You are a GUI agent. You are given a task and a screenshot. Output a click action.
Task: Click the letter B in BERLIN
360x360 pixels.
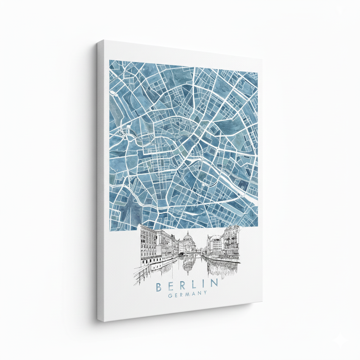coord(159,286)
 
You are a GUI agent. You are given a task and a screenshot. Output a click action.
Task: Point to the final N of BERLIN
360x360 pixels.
coord(214,283)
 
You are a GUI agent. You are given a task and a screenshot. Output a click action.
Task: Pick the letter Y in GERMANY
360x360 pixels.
coord(205,293)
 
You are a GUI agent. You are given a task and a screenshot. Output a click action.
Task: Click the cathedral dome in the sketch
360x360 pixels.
coord(188,240)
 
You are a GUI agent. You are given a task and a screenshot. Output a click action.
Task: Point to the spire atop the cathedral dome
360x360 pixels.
coord(188,232)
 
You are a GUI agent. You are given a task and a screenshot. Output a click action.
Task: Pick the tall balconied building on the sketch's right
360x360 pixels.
coord(231,243)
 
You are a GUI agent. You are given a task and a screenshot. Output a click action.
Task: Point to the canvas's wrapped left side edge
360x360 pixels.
coord(101,179)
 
